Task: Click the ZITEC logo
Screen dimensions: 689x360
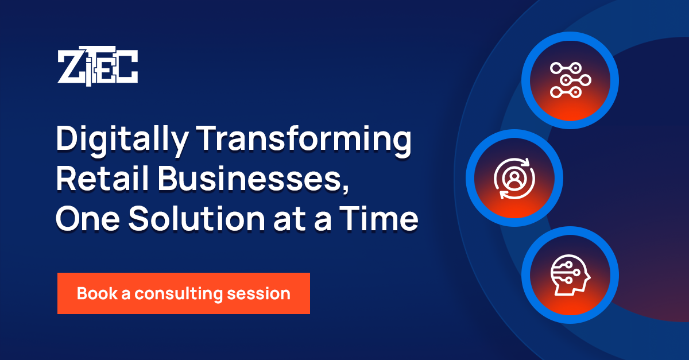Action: (x=98, y=66)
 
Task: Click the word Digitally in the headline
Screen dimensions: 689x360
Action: (x=122, y=141)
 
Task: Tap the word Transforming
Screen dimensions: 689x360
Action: (x=304, y=141)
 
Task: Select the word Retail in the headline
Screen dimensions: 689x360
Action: (x=102, y=179)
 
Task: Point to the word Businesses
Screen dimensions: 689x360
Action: (x=250, y=179)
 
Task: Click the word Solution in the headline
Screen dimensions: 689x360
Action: (x=196, y=218)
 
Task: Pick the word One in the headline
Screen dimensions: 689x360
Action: (x=88, y=219)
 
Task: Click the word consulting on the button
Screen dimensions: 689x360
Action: (x=179, y=294)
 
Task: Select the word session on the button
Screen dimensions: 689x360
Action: (x=259, y=293)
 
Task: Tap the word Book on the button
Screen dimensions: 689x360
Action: (x=97, y=293)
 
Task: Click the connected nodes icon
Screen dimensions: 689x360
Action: (x=570, y=80)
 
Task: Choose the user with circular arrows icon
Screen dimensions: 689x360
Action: (x=514, y=179)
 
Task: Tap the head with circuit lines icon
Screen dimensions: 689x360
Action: (x=570, y=275)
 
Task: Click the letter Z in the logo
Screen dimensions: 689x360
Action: (x=71, y=67)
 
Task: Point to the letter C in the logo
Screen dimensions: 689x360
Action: (x=127, y=67)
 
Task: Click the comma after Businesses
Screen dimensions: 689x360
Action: (x=346, y=188)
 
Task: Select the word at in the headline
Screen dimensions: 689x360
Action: (x=289, y=220)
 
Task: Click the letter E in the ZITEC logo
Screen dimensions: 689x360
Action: (x=106, y=67)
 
